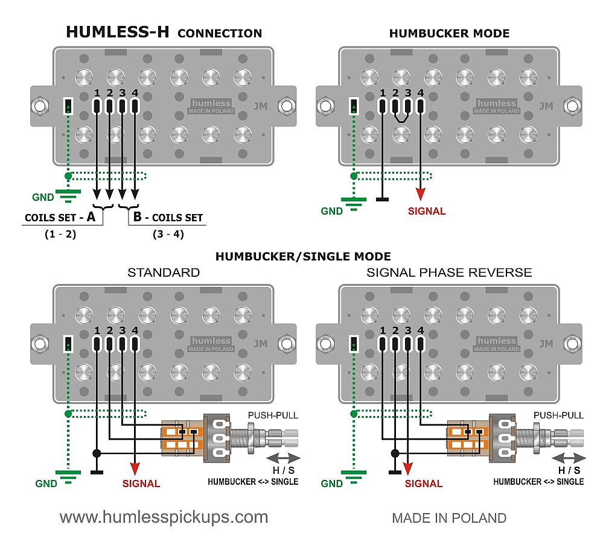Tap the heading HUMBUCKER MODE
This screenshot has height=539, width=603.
tap(449, 33)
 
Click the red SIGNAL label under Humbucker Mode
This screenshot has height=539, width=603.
tap(427, 211)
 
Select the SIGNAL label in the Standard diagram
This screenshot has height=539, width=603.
tap(141, 483)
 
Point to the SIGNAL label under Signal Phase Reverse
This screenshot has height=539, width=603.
tap(424, 483)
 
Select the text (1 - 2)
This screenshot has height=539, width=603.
tap(60, 234)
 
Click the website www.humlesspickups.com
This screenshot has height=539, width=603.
tap(164, 517)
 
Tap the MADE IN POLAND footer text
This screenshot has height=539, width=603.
tap(449, 518)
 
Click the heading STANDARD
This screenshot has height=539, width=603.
tap(164, 273)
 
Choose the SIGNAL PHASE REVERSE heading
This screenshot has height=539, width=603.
tap(449, 273)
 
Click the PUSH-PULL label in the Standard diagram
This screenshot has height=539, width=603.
tap(273, 415)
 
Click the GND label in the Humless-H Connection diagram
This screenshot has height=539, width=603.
tap(43, 197)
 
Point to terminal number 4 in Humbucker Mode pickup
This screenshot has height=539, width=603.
tap(421, 93)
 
